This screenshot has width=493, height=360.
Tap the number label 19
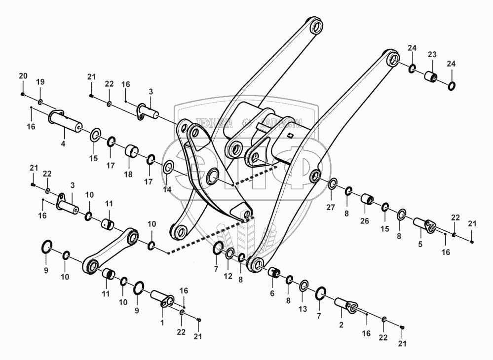point(40,81)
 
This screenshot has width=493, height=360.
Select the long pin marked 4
point(66,121)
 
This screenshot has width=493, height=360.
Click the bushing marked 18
point(131,150)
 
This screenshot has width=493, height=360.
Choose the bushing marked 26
point(366,200)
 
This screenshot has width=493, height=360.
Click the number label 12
point(228,276)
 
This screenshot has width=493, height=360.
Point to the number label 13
point(303,309)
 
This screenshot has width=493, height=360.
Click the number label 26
point(364,221)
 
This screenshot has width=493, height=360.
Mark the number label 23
point(432,54)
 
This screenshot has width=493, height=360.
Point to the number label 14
point(167,189)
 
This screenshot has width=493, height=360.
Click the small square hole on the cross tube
point(290,137)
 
